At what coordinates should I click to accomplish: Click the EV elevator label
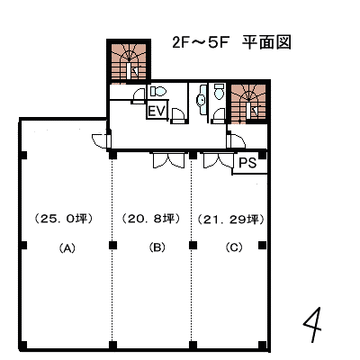point(157,111)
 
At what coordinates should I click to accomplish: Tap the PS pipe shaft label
point(247,163)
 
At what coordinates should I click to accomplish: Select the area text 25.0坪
point(64,219)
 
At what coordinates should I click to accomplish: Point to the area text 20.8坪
point(151,219)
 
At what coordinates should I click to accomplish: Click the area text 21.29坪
point(231,220)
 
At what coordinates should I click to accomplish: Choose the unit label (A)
point(67,248)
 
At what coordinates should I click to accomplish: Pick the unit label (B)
point(157,247)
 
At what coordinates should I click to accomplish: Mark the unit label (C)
point(234,247)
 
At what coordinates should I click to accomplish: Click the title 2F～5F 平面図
point(231,42)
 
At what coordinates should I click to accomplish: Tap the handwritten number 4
point(313,325)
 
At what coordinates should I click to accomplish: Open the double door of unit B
point(168,160)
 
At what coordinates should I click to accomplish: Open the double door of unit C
point(219,160)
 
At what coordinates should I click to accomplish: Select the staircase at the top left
point(129,62)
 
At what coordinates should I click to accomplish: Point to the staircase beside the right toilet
point(248,103)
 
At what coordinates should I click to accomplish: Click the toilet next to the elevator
point(158,91)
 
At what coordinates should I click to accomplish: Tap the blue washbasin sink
point(202,100)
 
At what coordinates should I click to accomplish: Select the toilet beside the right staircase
point(220,91)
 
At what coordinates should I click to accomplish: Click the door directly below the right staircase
point(236,139)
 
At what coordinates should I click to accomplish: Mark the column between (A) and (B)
point(112,246)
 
